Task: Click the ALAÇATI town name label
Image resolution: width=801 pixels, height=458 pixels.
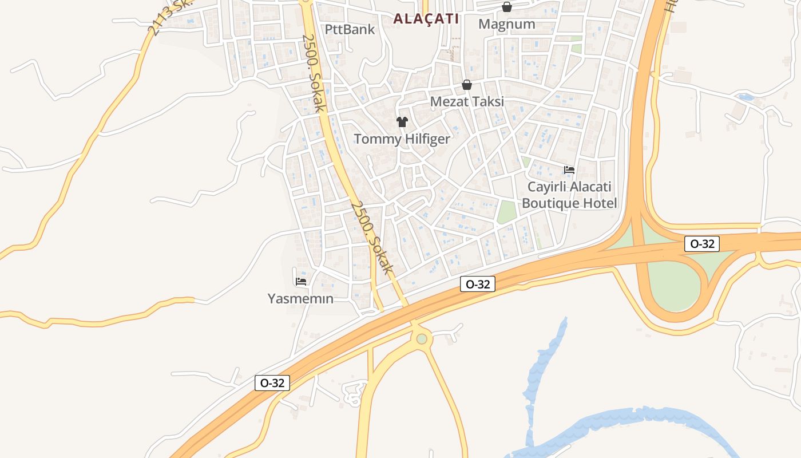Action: click(426, 18)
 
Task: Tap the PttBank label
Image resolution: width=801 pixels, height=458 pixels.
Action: click(350, 29)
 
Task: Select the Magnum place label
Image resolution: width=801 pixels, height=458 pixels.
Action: click(507, 24)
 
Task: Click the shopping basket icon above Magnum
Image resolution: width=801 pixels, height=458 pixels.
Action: click(506, 7)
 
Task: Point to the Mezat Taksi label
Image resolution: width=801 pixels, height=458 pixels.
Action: click(467, 102)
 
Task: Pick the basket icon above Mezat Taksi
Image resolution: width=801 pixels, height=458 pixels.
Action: click(467, 85)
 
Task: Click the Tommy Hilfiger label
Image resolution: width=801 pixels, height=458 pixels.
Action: click(402, 139)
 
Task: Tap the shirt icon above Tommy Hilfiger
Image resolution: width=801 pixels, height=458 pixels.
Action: click(402, 121)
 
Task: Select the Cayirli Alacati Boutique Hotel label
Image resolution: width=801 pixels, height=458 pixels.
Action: click(569, 195)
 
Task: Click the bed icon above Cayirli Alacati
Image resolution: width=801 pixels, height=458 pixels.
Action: click(569, 169)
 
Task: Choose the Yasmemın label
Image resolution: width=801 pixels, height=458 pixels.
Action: click(300, 298)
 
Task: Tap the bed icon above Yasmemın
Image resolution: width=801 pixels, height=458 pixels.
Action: click(301, 281)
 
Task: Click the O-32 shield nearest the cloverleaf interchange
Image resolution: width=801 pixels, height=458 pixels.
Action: click(702, 244)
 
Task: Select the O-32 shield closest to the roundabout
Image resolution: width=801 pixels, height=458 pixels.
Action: click(477, 284)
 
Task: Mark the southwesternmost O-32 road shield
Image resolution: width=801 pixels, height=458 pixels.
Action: click(272, 383)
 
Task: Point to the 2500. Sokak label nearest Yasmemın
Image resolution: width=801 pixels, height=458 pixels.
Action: click(372, 236)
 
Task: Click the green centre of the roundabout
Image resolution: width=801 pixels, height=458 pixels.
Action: click(422, 339)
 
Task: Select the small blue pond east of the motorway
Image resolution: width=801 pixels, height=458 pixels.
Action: click(745, 97)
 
